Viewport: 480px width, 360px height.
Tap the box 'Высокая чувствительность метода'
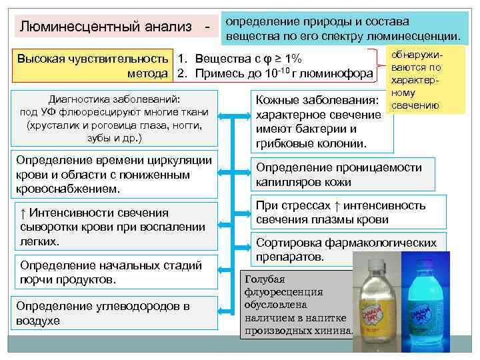click(x=93, y=65)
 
